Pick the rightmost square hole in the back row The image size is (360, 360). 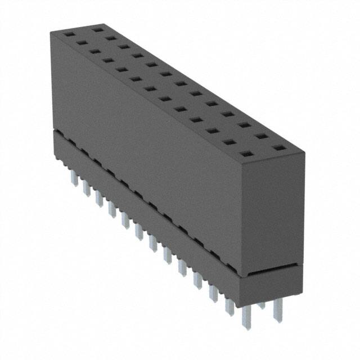(277, 148)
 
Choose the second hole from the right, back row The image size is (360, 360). (260, 136)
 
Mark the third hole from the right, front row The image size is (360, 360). (214, 131)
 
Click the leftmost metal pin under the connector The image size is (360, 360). (74, 178)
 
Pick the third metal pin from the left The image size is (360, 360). (99, 198)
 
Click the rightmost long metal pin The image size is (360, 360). (278, 312)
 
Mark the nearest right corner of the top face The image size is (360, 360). (304, 152)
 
